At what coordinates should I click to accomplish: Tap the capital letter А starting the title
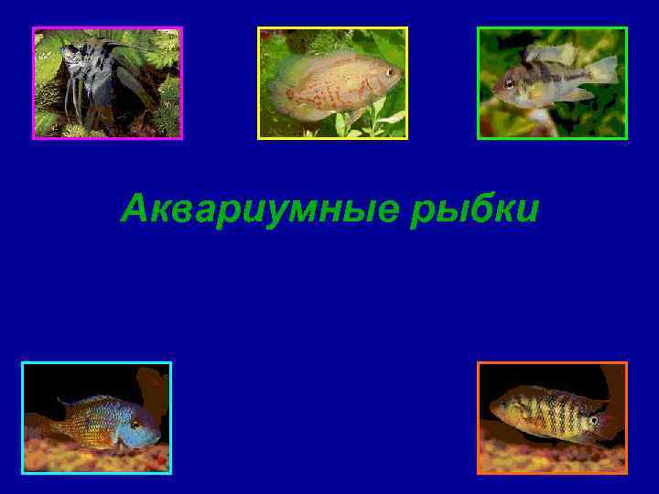point(135,210)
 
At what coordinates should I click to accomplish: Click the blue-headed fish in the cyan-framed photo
point(101,421)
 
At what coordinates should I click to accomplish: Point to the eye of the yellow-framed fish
point(389,71)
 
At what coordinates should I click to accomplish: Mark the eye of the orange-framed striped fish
point(593,420)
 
